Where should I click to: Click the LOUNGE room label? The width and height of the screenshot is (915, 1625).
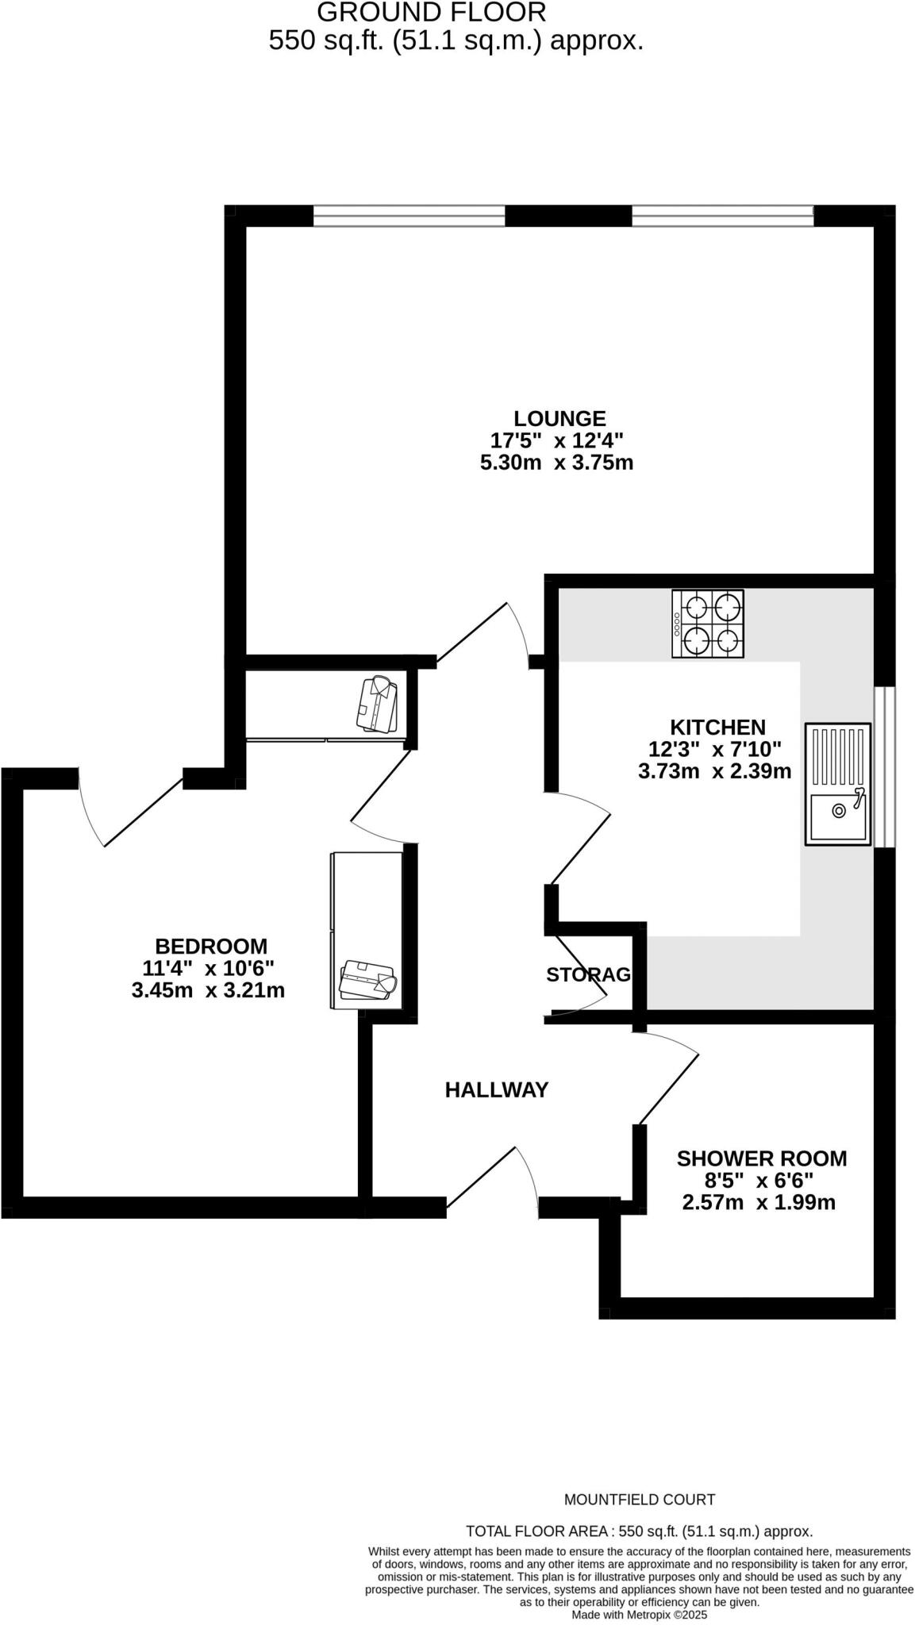pos(559,418)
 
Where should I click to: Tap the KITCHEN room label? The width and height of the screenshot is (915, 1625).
pos(717,727)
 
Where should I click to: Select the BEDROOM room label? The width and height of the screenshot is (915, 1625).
pos(211,946)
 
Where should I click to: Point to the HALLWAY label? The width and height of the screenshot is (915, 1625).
pos(497,1089)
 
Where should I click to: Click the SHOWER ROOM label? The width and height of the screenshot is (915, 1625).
pos(761,1158)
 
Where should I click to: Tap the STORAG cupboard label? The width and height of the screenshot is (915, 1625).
pos(588,974)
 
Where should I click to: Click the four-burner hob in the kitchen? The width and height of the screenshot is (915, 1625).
pos(708,624)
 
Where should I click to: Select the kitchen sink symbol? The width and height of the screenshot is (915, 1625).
pos(838,784)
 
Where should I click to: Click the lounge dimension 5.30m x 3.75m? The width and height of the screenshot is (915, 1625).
pos(557,462)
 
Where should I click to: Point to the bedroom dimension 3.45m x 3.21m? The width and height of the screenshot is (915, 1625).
pos(208,989)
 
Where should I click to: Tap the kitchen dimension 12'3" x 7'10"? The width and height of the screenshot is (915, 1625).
pos(715,748)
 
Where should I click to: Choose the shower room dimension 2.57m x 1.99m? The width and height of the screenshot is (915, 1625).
pos(759,1202)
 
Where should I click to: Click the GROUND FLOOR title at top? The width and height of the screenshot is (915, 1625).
pos(432,13)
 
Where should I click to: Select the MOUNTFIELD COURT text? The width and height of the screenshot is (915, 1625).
pos(640,1500)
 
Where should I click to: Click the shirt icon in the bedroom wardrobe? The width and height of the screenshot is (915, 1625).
pos(367,980)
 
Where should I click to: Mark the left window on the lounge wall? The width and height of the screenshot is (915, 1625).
pos(409,215)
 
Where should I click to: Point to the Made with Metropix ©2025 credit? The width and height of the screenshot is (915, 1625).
pos(640,1614)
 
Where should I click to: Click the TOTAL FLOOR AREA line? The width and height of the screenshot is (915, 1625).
pos(640,1531)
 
